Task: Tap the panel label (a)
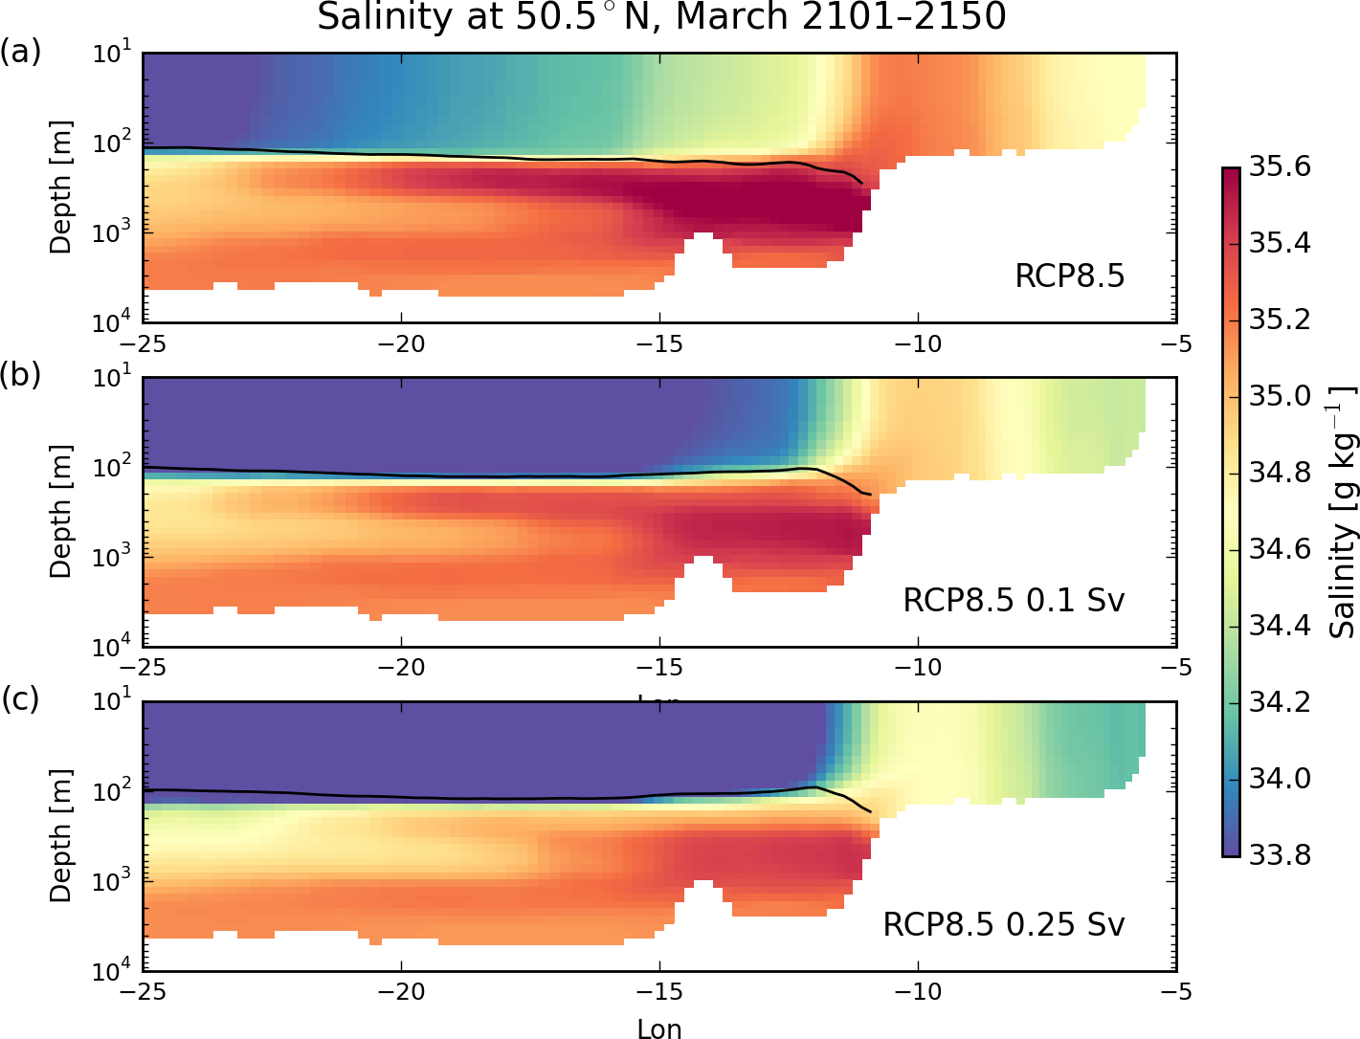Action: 20,52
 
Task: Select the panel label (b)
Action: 20,375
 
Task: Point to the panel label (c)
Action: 20,699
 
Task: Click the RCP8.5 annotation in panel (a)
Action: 1069,276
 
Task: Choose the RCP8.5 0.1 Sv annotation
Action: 1014,600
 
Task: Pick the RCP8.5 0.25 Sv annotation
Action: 1003,924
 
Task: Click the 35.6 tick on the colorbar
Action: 1280,167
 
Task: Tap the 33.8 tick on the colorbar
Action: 1280,854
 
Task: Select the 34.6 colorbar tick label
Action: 1280,549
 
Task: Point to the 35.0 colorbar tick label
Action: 1280,396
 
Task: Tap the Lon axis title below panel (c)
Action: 659,1028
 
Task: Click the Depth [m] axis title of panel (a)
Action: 60,188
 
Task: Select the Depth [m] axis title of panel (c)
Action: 60,835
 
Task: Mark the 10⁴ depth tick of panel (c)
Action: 114,971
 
